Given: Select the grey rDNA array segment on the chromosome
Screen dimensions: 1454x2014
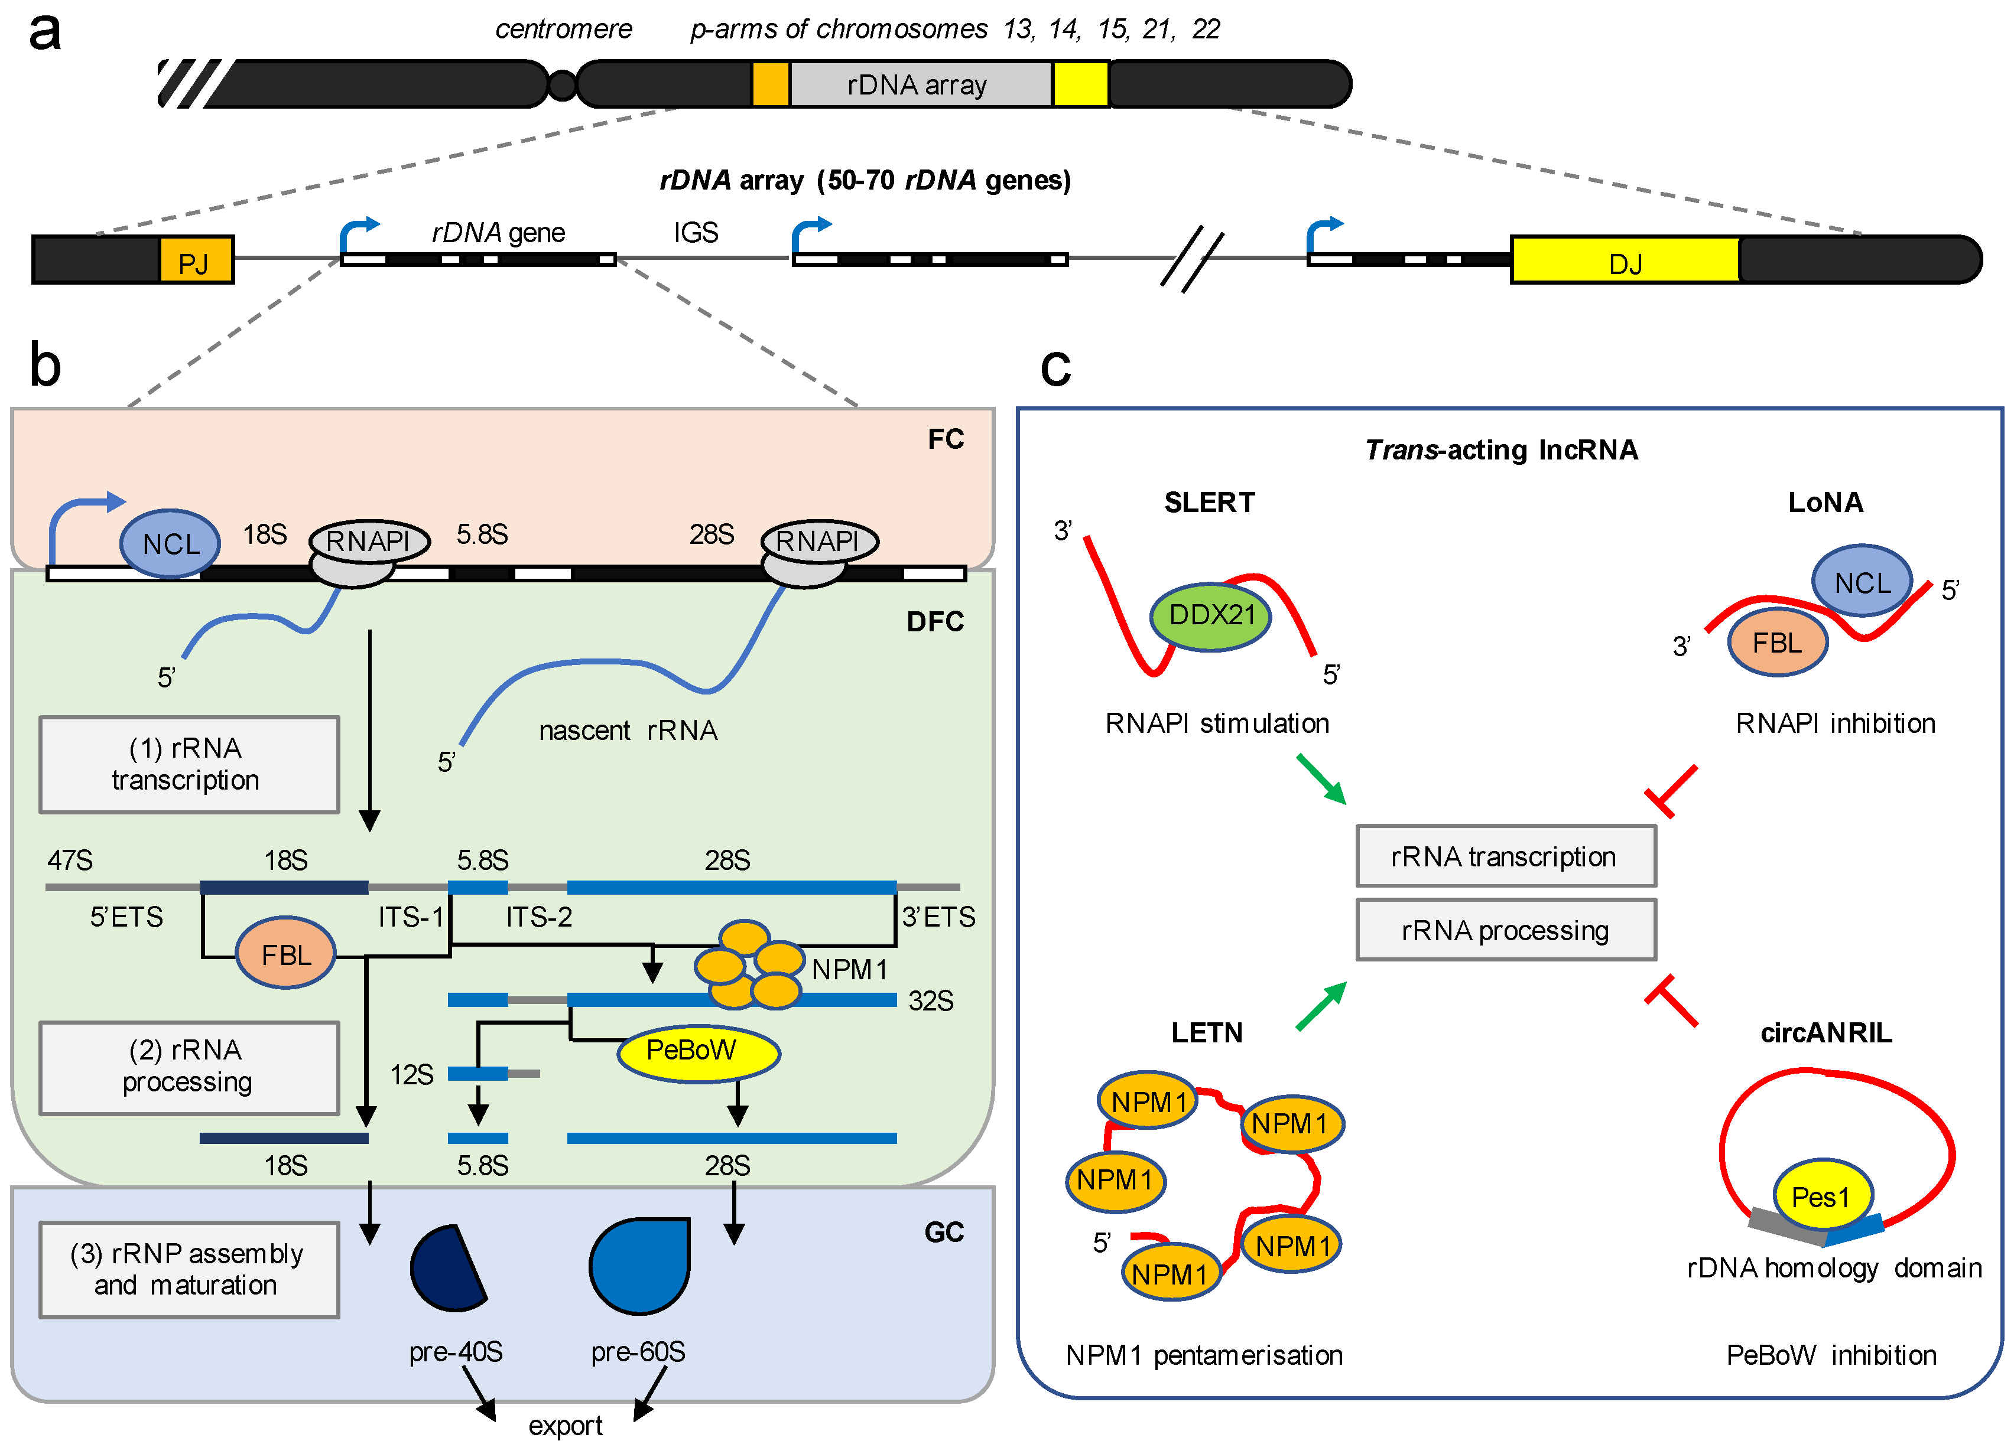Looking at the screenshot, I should tap(919, 84).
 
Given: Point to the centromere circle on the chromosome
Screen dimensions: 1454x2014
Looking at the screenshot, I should tap(562, 85).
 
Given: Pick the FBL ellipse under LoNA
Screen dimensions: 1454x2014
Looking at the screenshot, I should tap(1777, 643).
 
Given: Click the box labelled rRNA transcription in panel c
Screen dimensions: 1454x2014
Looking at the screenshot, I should tap(1505, 856).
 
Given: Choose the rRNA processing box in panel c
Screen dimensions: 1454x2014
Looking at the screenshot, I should tap(1505, 930).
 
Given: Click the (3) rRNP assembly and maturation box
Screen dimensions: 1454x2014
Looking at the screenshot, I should tap(189, 1269).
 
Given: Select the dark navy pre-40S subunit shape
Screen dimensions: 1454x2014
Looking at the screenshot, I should tap(446, 1267).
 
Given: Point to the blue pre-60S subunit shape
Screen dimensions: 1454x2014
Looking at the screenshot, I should tap(639, 1265).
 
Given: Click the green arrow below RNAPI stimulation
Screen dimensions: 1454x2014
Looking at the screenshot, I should tap(1321, 778).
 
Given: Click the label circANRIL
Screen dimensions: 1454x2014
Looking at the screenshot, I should tap(1825, 1032).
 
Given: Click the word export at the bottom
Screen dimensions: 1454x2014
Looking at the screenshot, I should tap(565, 1426).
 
